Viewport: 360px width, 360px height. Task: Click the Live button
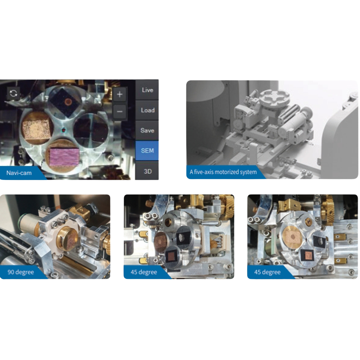(x=147, y=90)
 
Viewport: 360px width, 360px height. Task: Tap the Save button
(x=147, y=130)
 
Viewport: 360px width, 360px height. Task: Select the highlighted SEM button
(x=147, y=150)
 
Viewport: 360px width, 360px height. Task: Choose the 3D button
(x=147, y=171)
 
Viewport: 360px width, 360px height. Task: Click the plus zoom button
(x=120, y=94)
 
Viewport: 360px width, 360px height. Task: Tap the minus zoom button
(x=120, y=112)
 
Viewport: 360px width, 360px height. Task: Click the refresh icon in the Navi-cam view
(x=13, y=93)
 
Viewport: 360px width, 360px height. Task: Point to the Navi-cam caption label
(x=19, y=173)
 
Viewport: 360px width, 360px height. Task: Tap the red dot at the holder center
(x=64, y=130)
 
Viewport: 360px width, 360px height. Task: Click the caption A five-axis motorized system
(x=223, y=172)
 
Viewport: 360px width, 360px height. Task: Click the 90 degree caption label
(x=21, y=272)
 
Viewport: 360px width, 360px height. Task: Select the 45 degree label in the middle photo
(x=144, y=272)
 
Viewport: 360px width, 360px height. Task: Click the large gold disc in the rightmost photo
(x=293, y=237)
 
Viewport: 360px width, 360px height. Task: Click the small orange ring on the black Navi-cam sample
(x=68, y=102)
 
